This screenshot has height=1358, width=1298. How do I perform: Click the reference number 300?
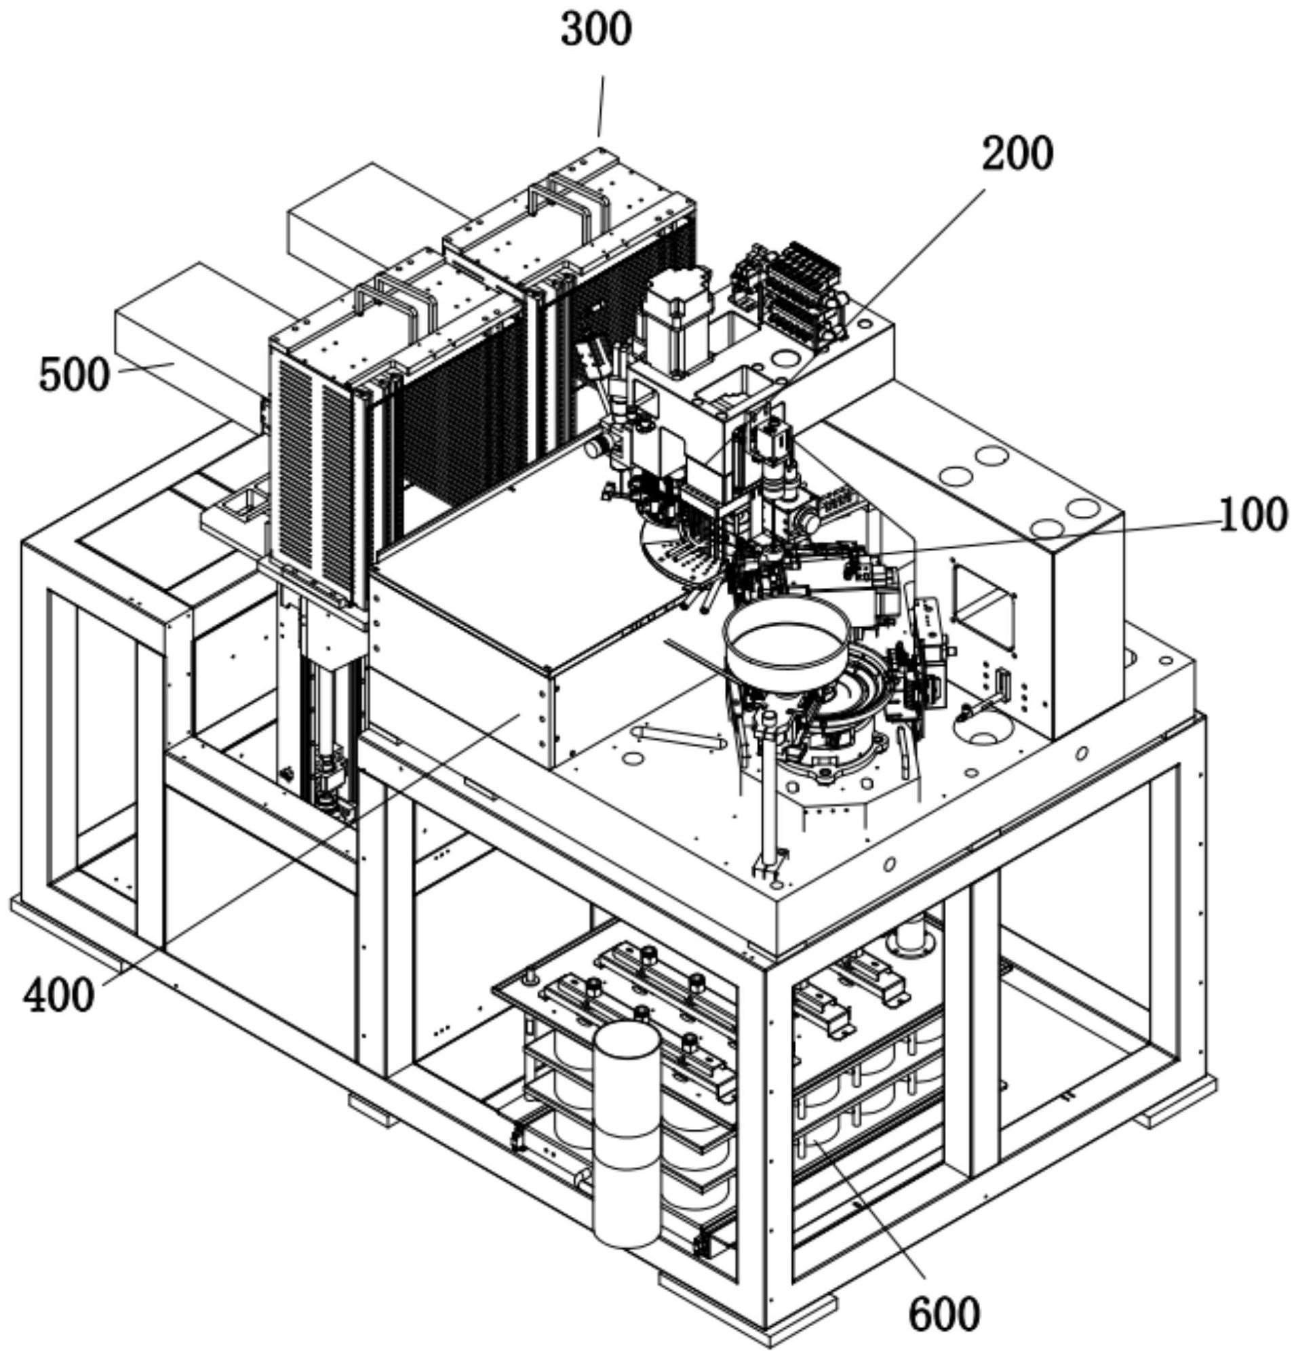pos(595,32)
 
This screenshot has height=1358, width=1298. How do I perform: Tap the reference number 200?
pos(1018,155)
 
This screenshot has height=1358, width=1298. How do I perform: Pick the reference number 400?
pos(58,997)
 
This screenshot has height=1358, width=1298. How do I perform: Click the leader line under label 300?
pos(601,107)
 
